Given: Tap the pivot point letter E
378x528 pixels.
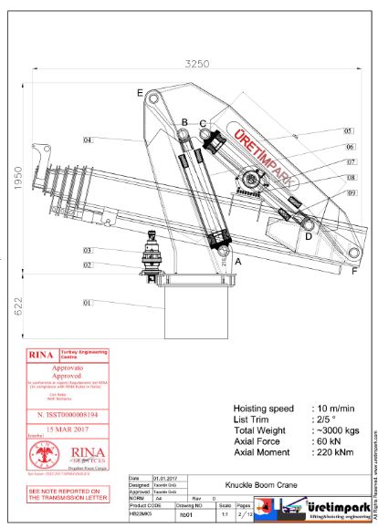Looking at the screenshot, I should pyautogui.click(x=140, y=93).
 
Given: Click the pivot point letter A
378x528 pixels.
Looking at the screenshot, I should pyautogui.click(x=238, y=261).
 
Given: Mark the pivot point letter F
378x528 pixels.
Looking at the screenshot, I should pyautogui.click(x=354, y=270).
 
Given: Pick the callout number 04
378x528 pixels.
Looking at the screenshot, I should pyautogui.click(x=88, y=140).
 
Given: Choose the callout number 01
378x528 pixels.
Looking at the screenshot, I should pyautogui.click(x=88, y=302).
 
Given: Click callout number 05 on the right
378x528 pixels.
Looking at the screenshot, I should pyautogui.click(x=322, y=131).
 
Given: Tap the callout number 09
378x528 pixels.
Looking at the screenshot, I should pyautogui.click(x=326, y=192).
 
